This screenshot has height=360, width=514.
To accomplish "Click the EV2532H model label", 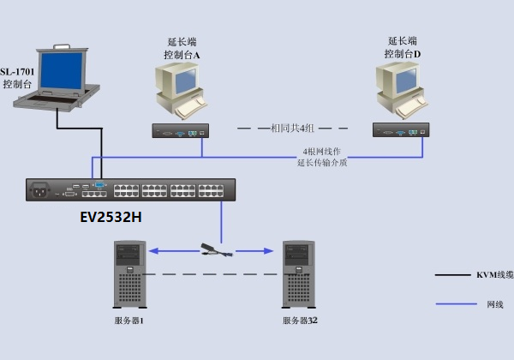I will tap(111, 217).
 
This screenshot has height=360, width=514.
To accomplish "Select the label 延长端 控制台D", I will tap(402, 47).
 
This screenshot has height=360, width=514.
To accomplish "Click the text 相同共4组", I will tap(292, 129).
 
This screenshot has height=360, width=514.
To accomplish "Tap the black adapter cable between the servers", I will tap(214, 250).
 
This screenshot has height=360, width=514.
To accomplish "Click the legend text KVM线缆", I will tap(494, 275).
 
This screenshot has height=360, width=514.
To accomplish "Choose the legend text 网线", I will tap(494, 304).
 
